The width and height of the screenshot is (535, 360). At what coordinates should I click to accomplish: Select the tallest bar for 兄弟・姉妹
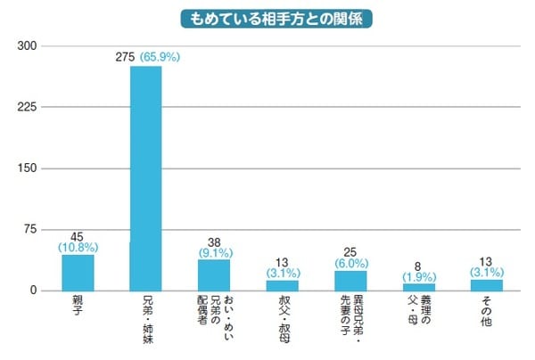(145, 178)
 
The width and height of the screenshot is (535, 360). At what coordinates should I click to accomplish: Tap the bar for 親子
(78, 273)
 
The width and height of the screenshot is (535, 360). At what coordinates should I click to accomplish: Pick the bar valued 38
(214, 275)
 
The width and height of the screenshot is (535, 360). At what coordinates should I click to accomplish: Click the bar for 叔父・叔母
(282, 285)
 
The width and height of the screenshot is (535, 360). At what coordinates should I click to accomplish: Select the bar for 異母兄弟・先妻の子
(350, 281)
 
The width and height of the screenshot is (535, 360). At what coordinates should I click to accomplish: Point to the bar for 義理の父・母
(418, 287)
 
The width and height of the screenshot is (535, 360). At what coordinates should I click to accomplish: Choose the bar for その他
(487, 285)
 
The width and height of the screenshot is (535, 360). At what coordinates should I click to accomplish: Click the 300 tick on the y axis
(26, 46)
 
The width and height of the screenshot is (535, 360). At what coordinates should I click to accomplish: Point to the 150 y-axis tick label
(26, 168)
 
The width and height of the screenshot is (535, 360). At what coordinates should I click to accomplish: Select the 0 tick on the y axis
(32, 290)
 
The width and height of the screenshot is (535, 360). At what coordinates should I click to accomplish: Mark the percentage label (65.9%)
(161, 58)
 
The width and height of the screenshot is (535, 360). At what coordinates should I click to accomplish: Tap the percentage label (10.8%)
(78, 246)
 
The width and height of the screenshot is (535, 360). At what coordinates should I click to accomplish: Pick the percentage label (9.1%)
(214, 252)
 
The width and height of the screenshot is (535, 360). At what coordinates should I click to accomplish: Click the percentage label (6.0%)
(350, 264)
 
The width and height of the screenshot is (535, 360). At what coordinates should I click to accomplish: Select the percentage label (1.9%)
(418, 277)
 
